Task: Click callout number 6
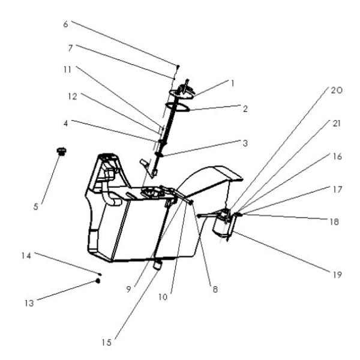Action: pyautogui.click(x=65, y=24)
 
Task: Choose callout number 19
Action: pyautogui.click(x=338, y=275)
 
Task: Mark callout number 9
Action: pyautogui.click(x=128, y=289)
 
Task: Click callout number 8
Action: pyautogui.click(x=215, y=289)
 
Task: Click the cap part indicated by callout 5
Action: pyautogui.click(x=61, y=151)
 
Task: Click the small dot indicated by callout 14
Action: pyautogui.click(x=100, y=274)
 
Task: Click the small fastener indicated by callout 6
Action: pyautogui.click(x=178, y=65)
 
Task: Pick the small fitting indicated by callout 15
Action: pyautogui.click(x=158, y=264)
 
